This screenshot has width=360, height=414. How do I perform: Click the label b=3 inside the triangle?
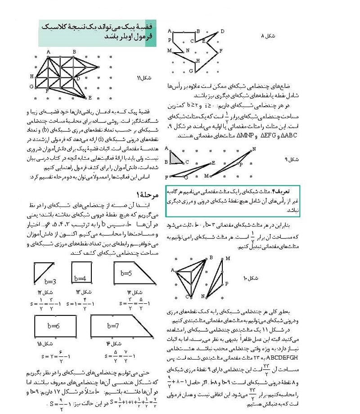[50, 282]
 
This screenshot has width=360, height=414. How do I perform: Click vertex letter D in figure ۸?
[222, 31]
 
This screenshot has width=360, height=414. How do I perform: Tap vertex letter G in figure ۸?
[191, 71]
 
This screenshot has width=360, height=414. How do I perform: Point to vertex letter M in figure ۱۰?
[228, 258]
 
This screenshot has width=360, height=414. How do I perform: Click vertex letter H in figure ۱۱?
[32, 76]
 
